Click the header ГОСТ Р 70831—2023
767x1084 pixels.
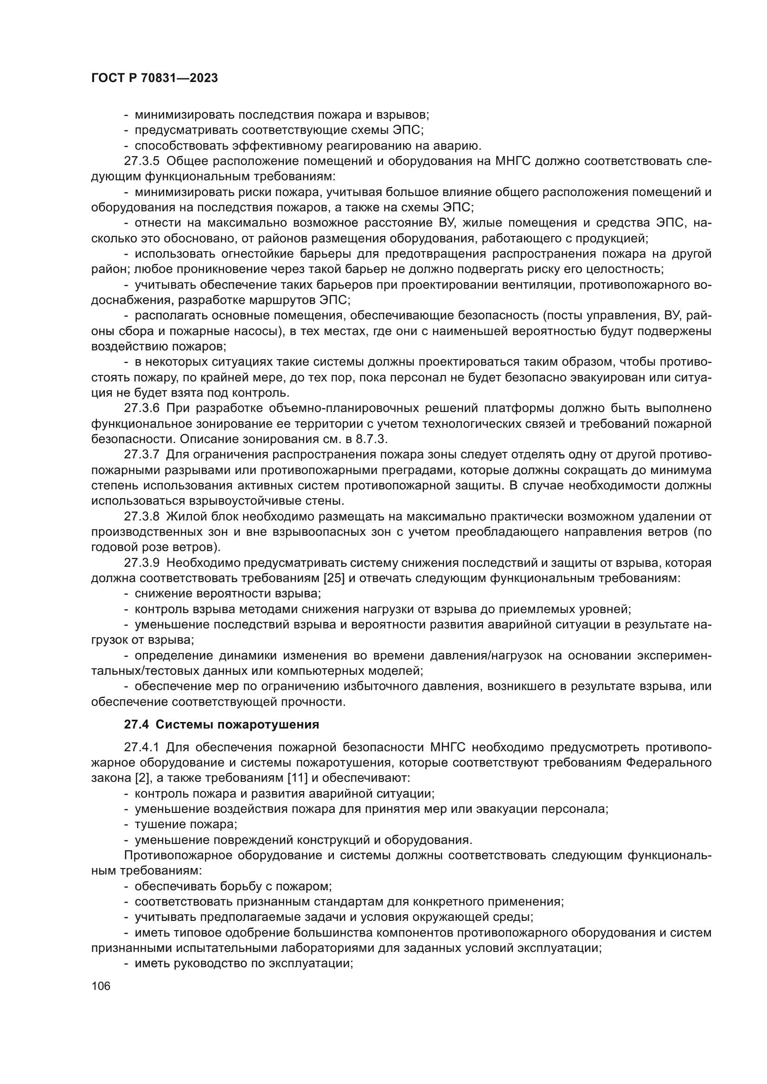pyautogui.click(x=154, y=78)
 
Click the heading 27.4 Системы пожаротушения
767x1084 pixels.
pyautogui.click(x=222, y=724)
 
